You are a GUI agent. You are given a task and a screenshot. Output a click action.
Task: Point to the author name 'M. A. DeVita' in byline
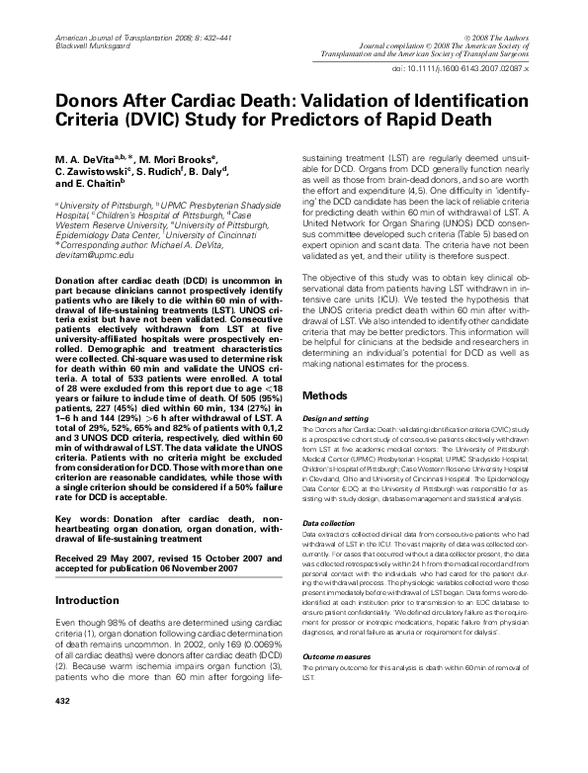pos(95,155)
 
